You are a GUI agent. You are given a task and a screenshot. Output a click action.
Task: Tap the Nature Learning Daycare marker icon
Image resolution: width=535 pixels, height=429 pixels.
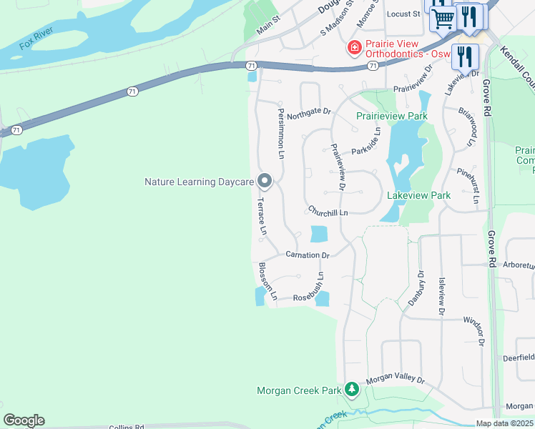pos(265,181)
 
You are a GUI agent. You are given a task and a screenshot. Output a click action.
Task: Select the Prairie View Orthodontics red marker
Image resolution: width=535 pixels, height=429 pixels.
pos(353,48)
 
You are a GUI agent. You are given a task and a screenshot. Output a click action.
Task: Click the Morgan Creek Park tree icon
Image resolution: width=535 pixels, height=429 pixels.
pos(351,390)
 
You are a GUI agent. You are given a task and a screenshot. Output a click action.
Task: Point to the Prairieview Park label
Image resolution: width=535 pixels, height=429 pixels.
pos(392,116)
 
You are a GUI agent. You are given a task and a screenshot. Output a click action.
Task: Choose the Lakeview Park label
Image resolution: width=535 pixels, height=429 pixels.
pos(418,194)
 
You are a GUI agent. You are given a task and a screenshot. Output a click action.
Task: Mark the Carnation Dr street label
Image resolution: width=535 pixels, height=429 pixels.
pos(307,255)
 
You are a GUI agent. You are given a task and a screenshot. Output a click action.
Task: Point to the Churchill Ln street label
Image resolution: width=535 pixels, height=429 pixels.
pos(328,212)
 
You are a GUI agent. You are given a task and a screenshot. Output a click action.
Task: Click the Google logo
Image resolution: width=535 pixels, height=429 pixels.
pos(24,420)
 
